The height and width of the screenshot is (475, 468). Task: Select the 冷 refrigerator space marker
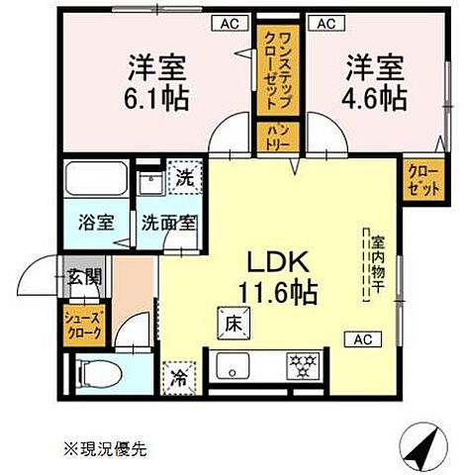click(181, 377)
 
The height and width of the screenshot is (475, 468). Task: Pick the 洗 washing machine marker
click(182, 178)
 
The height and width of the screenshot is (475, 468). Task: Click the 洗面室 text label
click(166, 223)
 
